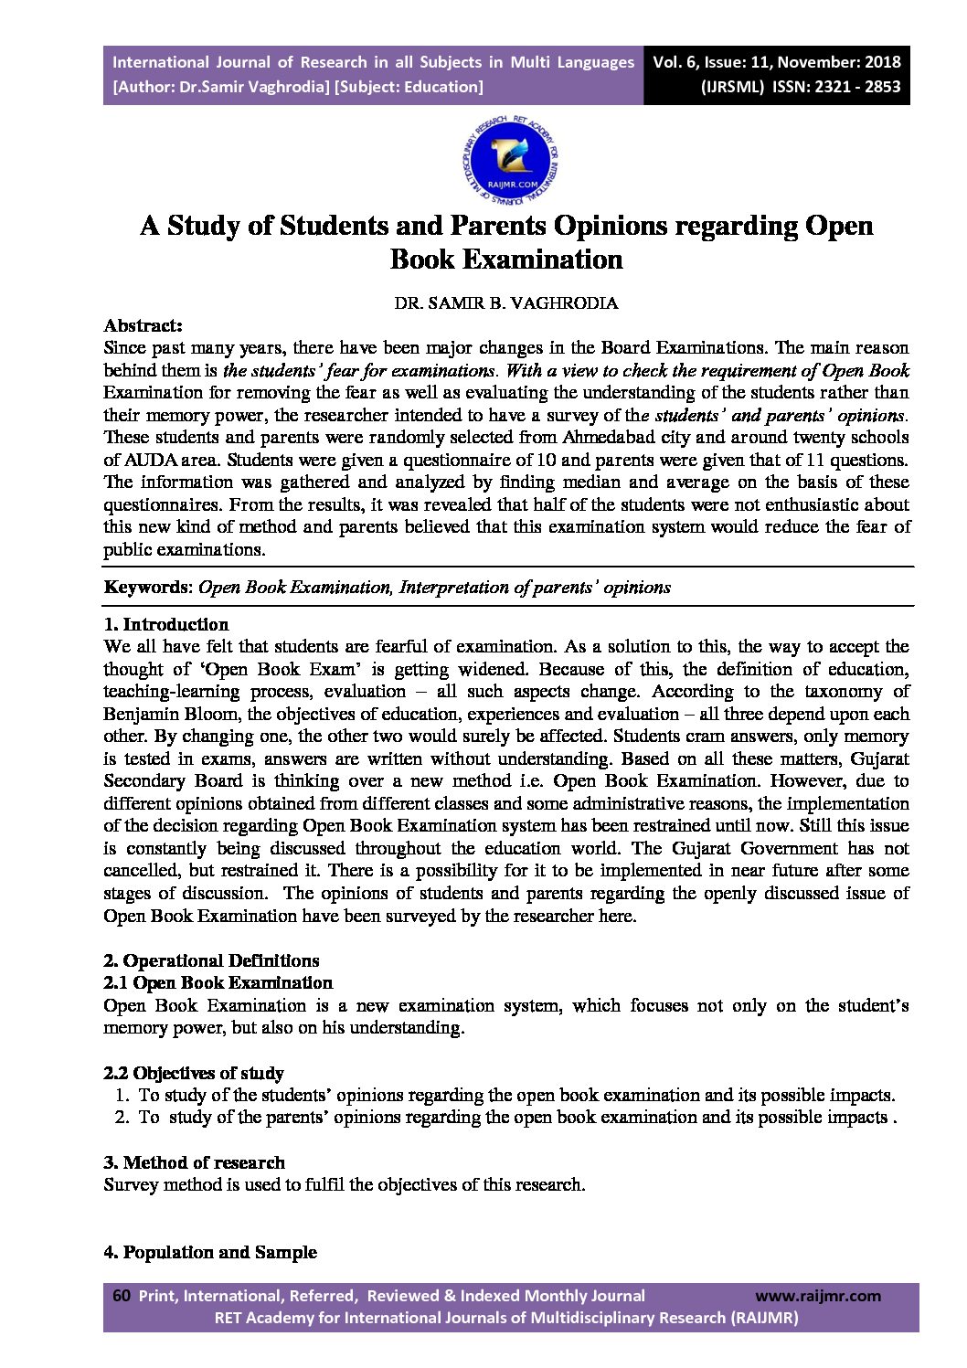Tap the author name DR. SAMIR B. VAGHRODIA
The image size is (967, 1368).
point(505,302)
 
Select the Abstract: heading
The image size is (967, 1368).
point(143,325)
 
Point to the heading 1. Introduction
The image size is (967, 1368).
point(165,625)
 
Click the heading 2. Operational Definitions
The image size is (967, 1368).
point(211,960)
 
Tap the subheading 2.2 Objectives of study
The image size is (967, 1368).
point(194,1073)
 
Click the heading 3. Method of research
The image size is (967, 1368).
point(194,1162)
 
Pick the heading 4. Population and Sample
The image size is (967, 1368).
point(210,1252)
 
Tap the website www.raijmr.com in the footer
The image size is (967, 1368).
point(818,1296)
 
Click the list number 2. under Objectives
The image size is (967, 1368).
point(122,1118)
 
